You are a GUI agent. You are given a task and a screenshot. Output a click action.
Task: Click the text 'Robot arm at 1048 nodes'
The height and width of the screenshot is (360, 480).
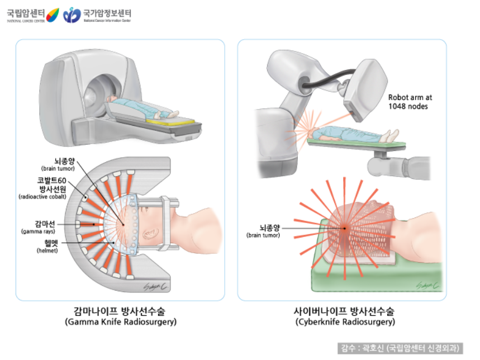(x=410, y=101)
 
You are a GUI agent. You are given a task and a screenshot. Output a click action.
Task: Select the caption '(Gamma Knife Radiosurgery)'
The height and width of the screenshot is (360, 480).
(x=120, y=322)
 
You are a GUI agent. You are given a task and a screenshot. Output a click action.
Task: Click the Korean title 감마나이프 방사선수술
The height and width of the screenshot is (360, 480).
(x=120, y=311)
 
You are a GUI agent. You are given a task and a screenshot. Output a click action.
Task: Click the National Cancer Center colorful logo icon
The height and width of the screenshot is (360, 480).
(x=52, y=15)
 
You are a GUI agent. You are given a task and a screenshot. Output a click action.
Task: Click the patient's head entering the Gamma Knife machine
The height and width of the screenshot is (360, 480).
(x=112, y=100)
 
